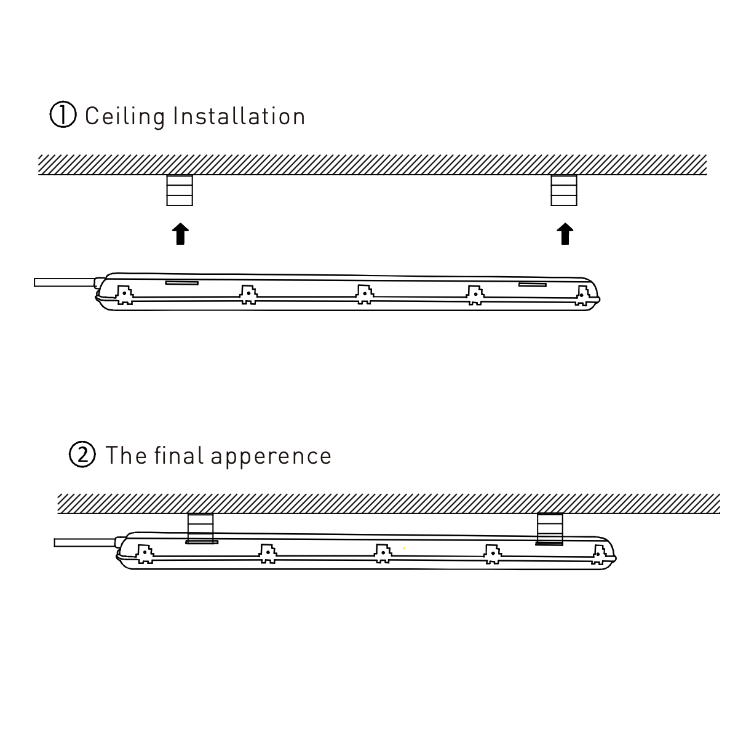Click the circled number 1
pyautogui.click(x=63, y=116)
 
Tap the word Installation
pyautogui.click(x=239, y=116)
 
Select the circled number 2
pyautogui.click(x=83, y=455)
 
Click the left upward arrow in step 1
pyautogui.click(x=180, y=234)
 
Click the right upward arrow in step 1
pyautogui.click(x=565, y=234)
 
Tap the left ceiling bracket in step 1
pyautogui.click(x=180, y=190)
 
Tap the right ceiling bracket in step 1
pyautogui.click(x=564, y=190)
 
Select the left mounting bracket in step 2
pyautogui.click(x=200, y=528)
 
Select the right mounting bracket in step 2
pyautogui.click(x=550, y=528)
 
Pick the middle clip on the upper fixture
pyautogui.click(x=365, y=294)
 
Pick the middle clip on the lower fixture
pyautogui.click(x=383, y=553)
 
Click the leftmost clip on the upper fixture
pyautogui.click(x=125, y=294)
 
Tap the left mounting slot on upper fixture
pyautogui.click(x=181, y=283)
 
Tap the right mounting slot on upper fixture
pyautogui.click(x=532, y=284)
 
